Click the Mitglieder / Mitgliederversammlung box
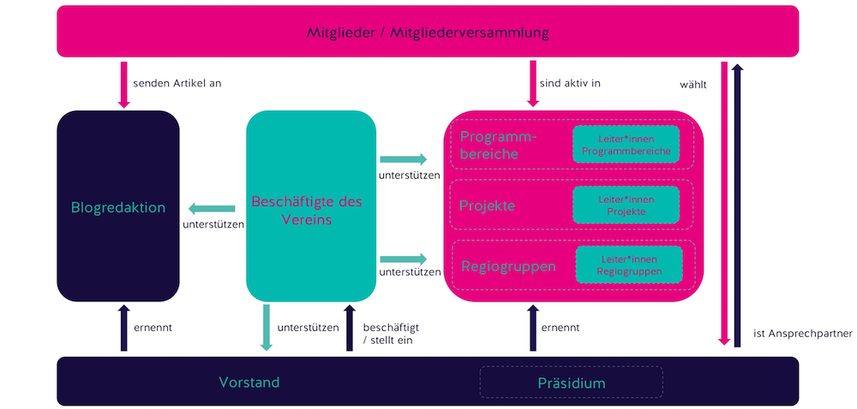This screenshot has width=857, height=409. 428,33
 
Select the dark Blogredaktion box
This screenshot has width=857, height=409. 118,206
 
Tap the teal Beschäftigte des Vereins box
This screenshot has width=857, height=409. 311,206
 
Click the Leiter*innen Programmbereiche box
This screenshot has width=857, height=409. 626,145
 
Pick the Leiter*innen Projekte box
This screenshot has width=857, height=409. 626,205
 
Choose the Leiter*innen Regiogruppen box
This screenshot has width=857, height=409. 628,264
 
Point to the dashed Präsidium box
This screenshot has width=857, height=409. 571,382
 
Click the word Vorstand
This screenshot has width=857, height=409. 249,382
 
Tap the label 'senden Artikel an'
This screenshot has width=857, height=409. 177,84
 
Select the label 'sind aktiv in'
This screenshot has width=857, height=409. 570,84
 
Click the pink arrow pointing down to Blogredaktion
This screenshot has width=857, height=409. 123,85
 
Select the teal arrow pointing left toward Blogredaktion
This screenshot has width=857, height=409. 212,207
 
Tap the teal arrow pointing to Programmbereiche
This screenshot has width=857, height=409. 403,159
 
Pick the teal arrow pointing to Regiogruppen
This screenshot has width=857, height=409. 403,258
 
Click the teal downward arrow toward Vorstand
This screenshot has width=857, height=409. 267,327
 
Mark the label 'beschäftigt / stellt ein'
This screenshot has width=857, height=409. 392,333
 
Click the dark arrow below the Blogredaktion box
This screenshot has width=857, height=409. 123,328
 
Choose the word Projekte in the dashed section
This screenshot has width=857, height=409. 487,206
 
